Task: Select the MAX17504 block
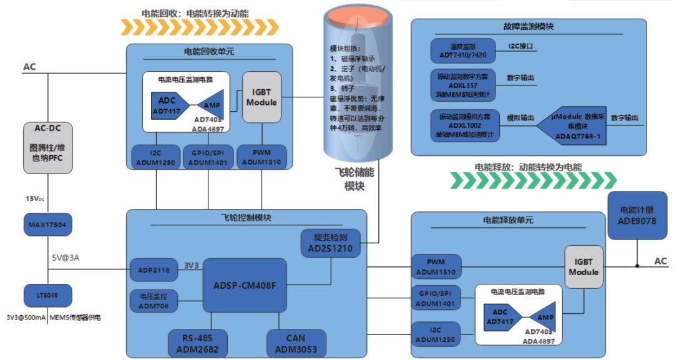(47, 224)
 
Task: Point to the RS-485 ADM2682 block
(198, 343)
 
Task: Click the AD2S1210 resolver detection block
(330, 243)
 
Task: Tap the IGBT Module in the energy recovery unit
(261, 97)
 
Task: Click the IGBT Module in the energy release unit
(583, 267)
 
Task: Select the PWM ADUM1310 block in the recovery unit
(261, 157)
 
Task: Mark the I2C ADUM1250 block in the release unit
(436, 334)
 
